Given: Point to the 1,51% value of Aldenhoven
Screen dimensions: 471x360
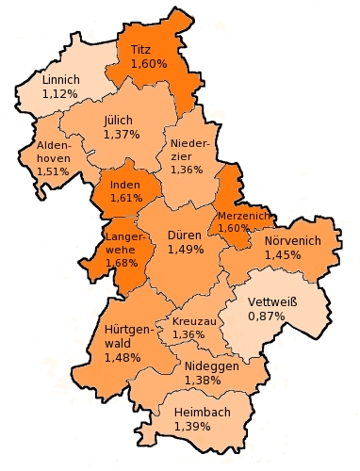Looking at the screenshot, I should pyautogui.click(x=53, y=171).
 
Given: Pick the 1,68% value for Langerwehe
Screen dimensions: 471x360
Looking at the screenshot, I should pyautogui.click(x=123, y=263).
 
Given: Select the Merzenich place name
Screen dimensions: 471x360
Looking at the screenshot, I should pyautogui.click(x=244, y=215).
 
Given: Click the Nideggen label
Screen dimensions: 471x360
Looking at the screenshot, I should pyautogui.click(x=211, y=365).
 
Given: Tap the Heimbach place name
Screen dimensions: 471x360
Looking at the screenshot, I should pyautogui.click(x=201, y=412).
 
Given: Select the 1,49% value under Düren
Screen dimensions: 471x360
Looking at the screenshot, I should pyautogui.click(x=186, y=250).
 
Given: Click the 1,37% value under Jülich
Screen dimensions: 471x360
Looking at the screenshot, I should pyautogui.click(x=121, y=135).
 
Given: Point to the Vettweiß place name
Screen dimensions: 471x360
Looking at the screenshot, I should pyautogui.click(x=271, y=301).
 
